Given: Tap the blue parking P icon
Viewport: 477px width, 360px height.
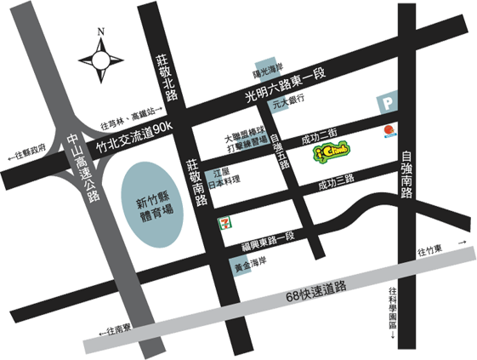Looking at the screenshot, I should (x=387, y=103).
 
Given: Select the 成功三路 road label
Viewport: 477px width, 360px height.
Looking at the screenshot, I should (x=336, y=184).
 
